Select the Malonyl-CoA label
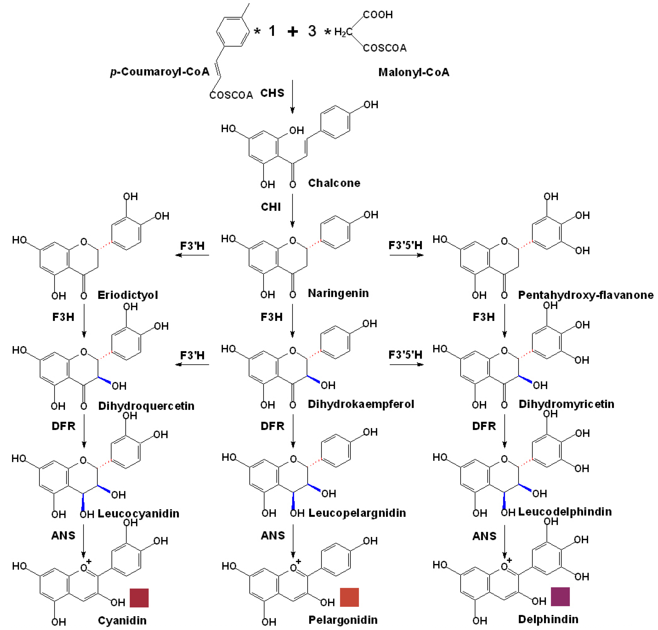pyautogui.click(x=414, y=72)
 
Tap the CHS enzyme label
pyautogui.click(x=272, y=93)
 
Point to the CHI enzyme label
pyautogui.click(x=271, y=207)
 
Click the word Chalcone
pyautogui.click(x=334, y=183)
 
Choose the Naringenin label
pyautogui.click(x=338, y=293)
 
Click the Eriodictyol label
pyautogui.click(x=128, y=295)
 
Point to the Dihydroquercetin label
pyautogui.click(x=146, y=406)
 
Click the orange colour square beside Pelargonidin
pyautogui.click(x=349, y=597)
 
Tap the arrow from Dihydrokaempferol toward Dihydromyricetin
pyautogui.click(x=406, y=364)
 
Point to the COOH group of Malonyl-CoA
pyautogui.click(x=378, y=15)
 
